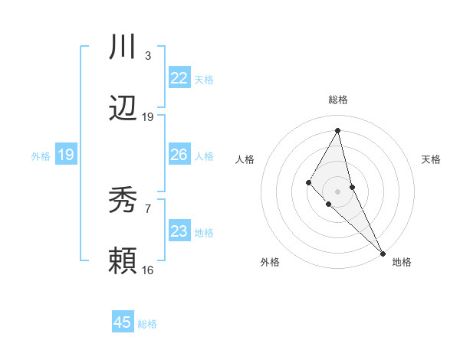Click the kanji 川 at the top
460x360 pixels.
(x=123, y=47)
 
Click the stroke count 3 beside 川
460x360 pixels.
(x=148, y=56)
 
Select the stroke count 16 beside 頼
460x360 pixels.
(x=148, y=270)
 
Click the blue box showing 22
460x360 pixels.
(x=179, y=78)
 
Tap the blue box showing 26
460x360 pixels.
(x=179, y=155)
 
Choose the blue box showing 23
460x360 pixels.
(x=179, y=231)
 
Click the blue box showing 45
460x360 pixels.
(x=123, y=322)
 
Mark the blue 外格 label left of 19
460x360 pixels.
(x=41, y=155)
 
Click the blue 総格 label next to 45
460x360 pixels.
(x=147, y=324)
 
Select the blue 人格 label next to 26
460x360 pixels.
(x=204, y=155)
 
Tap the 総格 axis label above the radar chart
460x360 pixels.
(x=338, y=100)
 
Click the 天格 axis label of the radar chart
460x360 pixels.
(x=432, y=159)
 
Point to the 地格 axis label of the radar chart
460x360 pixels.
(x=402, y=263)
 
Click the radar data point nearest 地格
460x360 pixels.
(x=382, y=252)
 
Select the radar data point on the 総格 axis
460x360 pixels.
(x=338, y=130)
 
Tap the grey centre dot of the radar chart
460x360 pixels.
(x=338, y=191)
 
